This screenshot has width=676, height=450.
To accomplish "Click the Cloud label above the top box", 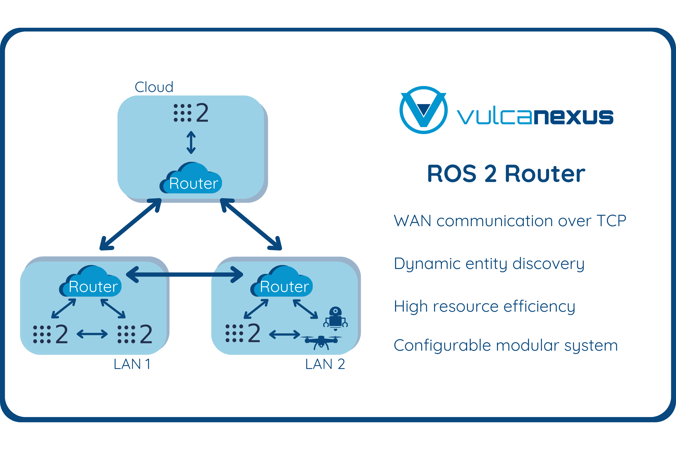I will (x=154, y=87).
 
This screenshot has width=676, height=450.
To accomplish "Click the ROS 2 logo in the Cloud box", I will (x=191, y=113).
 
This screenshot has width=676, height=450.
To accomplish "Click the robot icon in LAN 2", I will (x=335, y=318).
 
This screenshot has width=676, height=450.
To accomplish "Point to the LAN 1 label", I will (x=132, y=364).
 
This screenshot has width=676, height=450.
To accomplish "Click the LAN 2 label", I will (x=325, y=364).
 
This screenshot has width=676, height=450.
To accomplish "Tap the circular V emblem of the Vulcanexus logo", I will (x=423, y=110).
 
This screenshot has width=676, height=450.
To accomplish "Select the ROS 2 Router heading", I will (x=506, y=174).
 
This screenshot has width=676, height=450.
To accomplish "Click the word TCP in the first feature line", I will (x=611, y=221).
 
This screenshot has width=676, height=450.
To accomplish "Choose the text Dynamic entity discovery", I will (x=489, y=264).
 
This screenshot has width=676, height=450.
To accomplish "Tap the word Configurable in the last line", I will (x=442, y=345).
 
